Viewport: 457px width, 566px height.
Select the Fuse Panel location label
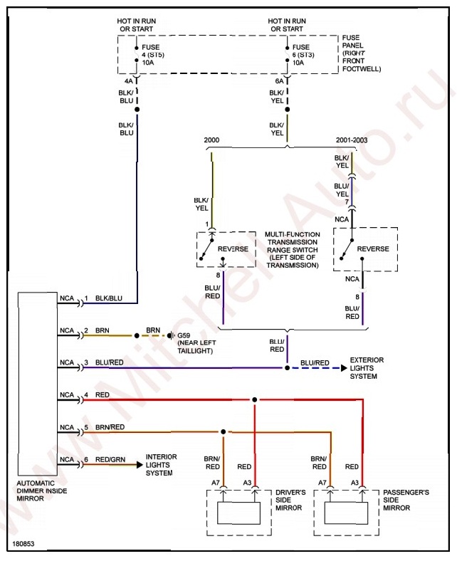tap(361, 53)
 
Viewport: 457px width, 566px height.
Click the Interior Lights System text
tap(162, 464)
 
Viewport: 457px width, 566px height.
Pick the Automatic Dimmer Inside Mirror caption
tap(42, 491)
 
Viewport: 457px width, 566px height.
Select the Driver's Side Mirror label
tap(290, 499)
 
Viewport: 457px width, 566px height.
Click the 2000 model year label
tap(212, 140)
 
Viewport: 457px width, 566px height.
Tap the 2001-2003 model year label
tap(352, 140)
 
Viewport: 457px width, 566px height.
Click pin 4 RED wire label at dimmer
tap(102, 394)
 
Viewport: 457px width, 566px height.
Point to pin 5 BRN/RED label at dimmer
tap(110, 427)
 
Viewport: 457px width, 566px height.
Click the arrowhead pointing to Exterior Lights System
tap(343, 368)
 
